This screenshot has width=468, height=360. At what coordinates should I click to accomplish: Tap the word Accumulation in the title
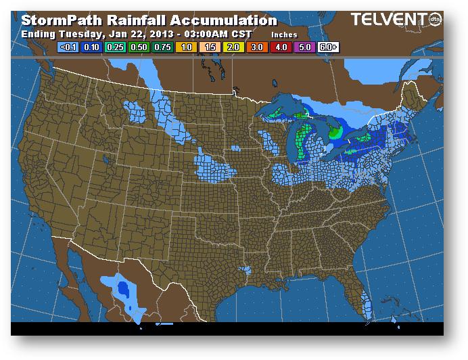(224, 21)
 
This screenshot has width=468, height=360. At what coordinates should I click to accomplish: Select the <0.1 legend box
(67, 48)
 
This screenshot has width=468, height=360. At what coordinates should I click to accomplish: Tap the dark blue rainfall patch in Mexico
(124, 289)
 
